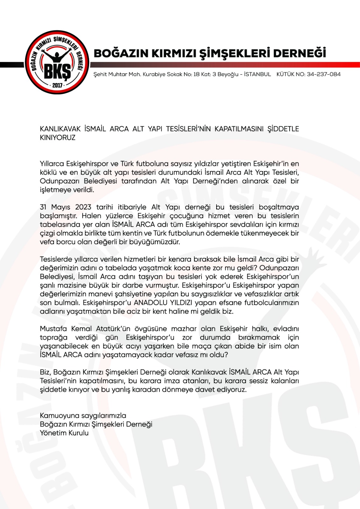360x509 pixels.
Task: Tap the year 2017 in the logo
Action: (57, 85)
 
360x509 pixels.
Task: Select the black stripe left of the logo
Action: (12, 65)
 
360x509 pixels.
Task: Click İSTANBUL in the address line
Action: (257, 74)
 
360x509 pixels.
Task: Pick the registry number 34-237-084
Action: (323, 74)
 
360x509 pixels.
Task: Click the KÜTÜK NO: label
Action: (291, 74)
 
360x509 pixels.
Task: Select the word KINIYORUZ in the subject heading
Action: (58, 138)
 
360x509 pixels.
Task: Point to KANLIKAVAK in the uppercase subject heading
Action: (60, 129)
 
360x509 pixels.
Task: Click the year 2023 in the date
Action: (83, 207)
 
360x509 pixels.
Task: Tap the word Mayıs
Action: (61, 207)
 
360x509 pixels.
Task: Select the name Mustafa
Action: (53, 329)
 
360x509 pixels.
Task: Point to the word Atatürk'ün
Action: (113, 329)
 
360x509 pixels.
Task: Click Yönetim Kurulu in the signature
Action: (64, 433)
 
